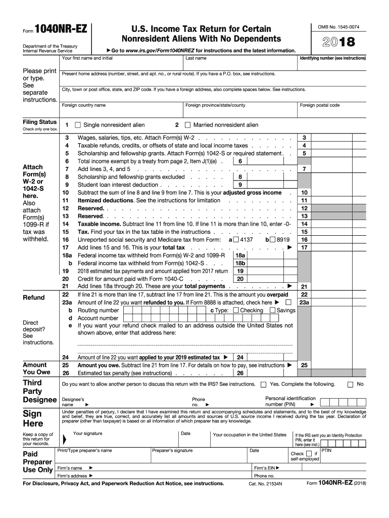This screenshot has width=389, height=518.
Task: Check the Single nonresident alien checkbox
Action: point(78,125)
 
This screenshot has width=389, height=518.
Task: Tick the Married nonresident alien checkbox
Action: point(187,125)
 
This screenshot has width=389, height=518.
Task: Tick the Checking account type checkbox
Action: point(236,310)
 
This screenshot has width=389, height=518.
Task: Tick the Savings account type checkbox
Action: point(272,310)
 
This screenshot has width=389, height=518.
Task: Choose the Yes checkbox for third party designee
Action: point(263,384)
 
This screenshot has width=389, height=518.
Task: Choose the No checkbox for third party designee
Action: point(350,384)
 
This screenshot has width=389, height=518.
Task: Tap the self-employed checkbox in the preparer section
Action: point(309,454)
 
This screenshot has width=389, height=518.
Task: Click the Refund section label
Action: point(34,297)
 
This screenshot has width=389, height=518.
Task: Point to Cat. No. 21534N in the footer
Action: point(265,484)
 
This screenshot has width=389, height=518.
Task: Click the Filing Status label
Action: point(40,122)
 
